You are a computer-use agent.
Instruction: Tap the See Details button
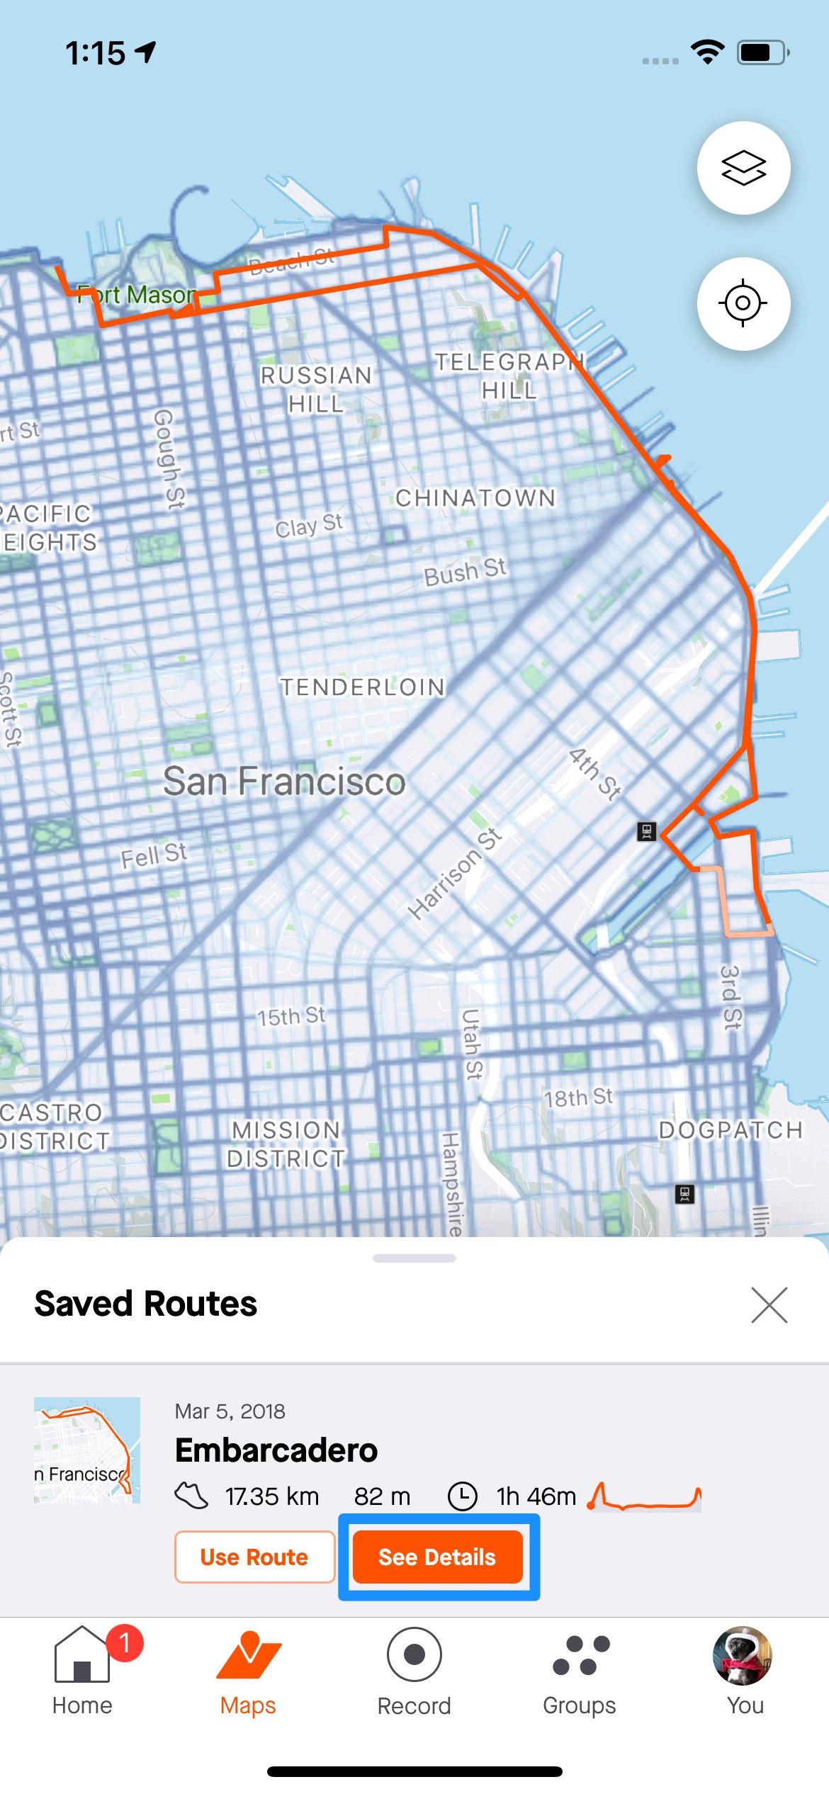tap(437, 1557)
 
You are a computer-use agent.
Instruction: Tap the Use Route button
tap(254, 1557)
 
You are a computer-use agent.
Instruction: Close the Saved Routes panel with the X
tap(769, 1305)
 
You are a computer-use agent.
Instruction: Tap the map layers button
tap(743, 168)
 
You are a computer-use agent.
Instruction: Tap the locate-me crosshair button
tap(743, 303)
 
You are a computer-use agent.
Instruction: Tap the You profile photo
tap(742, 1655)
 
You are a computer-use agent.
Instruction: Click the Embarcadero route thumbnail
tap(87, 1450)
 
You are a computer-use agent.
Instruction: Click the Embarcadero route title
tap(276, 1450)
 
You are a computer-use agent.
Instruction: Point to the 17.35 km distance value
tap(272, 1496)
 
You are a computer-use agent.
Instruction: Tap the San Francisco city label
tap(284, 782)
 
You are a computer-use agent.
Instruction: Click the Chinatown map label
tap(475, 498)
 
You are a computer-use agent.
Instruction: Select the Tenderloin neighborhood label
tap(362, 687)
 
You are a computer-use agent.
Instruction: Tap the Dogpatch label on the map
tap(731, 1130)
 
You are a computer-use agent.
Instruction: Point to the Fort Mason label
tap(136, 295)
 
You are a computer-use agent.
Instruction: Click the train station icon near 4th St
tap(646, 831)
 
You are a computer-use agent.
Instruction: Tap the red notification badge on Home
tap(125, 1642)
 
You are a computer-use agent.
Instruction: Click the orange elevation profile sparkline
tap(644, 1496)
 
